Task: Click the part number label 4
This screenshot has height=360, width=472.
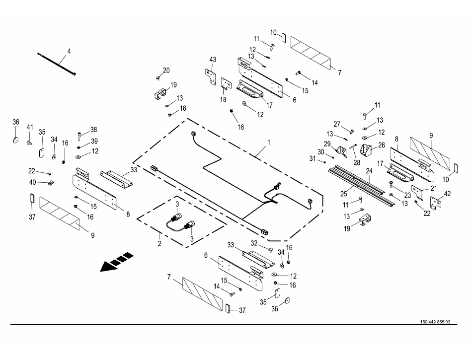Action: [x=69, y=51]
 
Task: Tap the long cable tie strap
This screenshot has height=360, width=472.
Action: [x=56, y=63]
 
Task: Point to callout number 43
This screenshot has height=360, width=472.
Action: [x=213, y=60]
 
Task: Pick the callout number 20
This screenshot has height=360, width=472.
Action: [x=166, y=70]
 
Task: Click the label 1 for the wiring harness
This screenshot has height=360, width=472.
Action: [x=269, y=142]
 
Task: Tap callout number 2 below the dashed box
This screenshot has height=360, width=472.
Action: [x=159, y=243]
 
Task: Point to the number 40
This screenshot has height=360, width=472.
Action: [x=32, y=182]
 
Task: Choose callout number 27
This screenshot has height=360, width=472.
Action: [x=337, y=124]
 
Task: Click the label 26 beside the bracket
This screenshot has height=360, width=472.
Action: [x=381, y=145]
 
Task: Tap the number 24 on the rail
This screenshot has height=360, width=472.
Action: [x=369, y=171]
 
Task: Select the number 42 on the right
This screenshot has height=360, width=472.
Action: [x=447, y=194]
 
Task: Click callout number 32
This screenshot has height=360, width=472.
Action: [x=255, y=243]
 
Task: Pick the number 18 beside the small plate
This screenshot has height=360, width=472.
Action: [x=223, y=99]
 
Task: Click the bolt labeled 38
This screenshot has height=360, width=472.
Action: [x=79, y=135]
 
